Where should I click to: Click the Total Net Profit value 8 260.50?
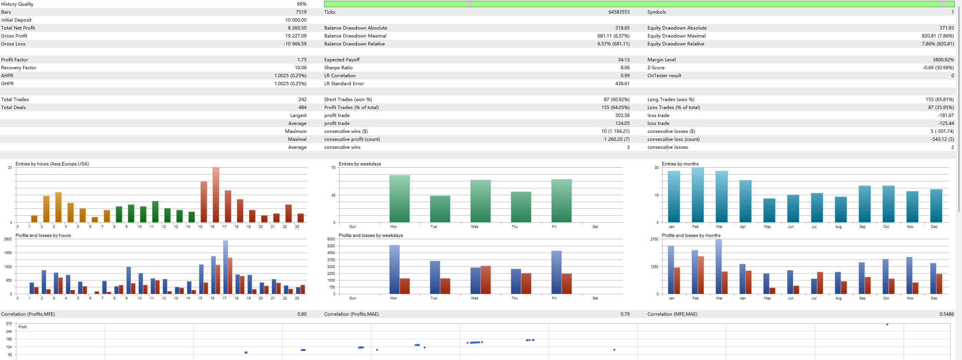tap(297, 28)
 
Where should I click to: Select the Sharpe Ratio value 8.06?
tap(625, 68)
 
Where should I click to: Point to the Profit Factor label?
tap(15, 60)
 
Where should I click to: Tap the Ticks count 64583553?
tap(619, 12)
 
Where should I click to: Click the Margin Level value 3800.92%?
tap(943, 60)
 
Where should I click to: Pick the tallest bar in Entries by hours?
tap(216, 195)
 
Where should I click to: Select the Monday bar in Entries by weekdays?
tap(400, 199)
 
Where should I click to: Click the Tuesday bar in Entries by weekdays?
tap(440, 209)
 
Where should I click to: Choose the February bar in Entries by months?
tap(697, 195)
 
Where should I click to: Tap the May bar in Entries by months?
tap(769, 210)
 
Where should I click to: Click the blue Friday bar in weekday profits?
tap(556, 272)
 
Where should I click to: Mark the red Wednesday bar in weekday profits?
tap(486, 280)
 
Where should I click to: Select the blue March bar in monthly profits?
tap(718, 267)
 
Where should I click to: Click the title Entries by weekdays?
tap(360, 164)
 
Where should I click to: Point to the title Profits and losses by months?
tap(691, 235)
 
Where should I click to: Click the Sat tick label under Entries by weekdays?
tap(595, 227)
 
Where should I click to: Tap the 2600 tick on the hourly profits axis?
tap(8, 239)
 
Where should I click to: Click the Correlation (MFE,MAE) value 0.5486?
tap(946, 314)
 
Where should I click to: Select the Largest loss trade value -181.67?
tap(946, 115)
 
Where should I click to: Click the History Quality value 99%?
tap(302, 4)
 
